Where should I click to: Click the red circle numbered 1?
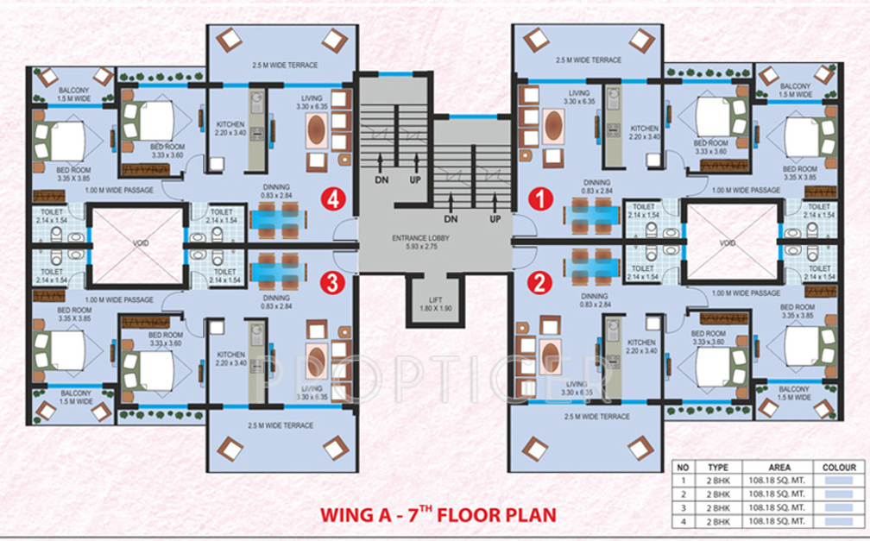(541, 199)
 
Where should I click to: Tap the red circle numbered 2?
(541, 282)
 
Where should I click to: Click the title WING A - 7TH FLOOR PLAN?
(438, 515)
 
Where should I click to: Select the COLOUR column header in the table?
(839, 467)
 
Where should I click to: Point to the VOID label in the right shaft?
(729, 242)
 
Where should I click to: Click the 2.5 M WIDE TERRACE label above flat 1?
(589, 60)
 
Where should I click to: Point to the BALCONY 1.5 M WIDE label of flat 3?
(75, 398)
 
